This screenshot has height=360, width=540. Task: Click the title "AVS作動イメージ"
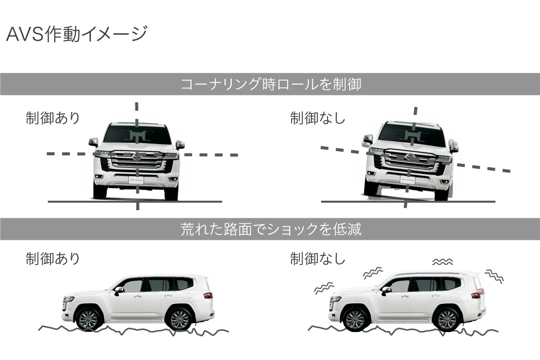(x=76, y=35)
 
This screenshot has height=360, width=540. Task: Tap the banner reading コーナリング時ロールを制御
(x=270, y=84)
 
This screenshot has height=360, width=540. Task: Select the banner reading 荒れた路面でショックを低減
(x=270, y=229)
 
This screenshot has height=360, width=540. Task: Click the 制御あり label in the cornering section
(x=53, y=118)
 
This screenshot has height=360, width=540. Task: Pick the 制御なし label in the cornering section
(x=318, y=118)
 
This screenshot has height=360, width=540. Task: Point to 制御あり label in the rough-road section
(x=53, y=259)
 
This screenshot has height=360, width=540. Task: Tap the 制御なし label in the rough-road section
(x=318, y=259)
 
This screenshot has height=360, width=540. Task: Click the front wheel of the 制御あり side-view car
(x=89, y=319)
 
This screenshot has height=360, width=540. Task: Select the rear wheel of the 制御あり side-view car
(x=180, y=319)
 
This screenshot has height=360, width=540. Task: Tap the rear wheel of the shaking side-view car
(x=447, y=319)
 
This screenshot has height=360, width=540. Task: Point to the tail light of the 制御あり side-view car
(x=208, y=295)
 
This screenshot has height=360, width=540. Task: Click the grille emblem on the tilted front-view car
(x=410, y=157)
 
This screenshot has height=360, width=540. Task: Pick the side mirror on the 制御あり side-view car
(x=119, y=290)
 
